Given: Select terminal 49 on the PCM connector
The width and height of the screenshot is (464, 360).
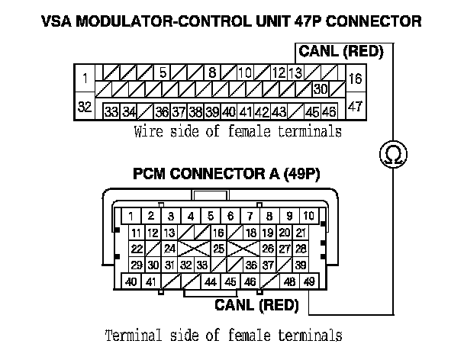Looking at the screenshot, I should [x=309, y=282].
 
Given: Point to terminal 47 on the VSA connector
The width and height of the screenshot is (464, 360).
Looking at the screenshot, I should [x=355, y=108].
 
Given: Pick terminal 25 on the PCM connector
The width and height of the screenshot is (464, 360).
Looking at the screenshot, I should [x=218, y=249].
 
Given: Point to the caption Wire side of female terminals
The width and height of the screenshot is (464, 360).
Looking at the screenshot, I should [x=237, y=132].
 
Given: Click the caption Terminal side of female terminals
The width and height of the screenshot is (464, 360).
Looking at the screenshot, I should [x=222, y=335].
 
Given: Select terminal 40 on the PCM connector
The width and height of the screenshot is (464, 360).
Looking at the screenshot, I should [x=131, y=282].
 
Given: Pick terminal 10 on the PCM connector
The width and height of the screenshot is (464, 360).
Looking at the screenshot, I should [x=309, y=216].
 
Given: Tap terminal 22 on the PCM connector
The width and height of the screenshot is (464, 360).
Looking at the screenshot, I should [x=137, y=249].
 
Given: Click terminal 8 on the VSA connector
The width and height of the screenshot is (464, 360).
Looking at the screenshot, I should [x=213, y=74].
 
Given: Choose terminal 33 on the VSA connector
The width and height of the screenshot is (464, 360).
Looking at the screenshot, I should [x=111, y=112].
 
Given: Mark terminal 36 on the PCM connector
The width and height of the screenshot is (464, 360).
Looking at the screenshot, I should [x=250, y=265].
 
